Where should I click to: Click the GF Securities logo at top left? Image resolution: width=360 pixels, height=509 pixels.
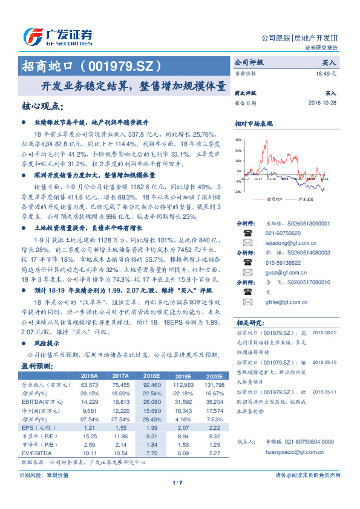point(57,36)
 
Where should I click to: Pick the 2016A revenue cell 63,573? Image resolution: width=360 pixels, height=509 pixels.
point(89,384)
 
